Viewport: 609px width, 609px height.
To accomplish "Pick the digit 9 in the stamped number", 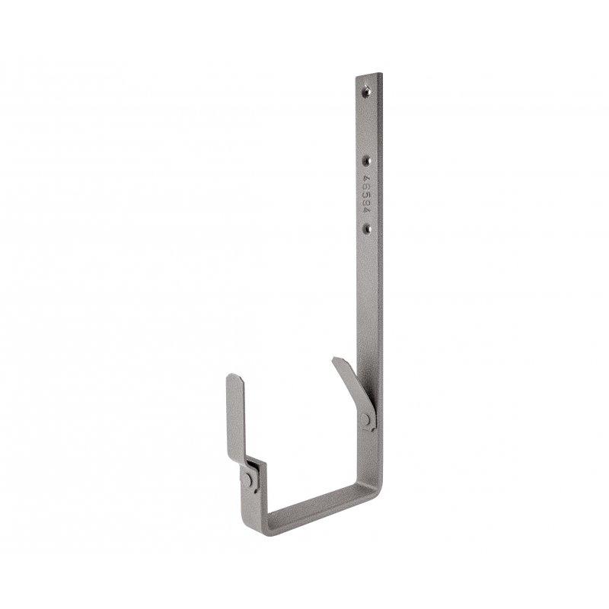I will (x=365, y=201).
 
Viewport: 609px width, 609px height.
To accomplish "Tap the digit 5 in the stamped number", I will (x=365, y=193).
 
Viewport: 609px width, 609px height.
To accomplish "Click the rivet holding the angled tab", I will (x=368, y=420).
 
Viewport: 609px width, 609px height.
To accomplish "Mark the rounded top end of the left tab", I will (x=237, y=378).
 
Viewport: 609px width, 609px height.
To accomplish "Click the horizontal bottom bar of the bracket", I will (x=320, y=507).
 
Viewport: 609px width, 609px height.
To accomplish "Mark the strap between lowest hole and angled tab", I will (x=370, y=297).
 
